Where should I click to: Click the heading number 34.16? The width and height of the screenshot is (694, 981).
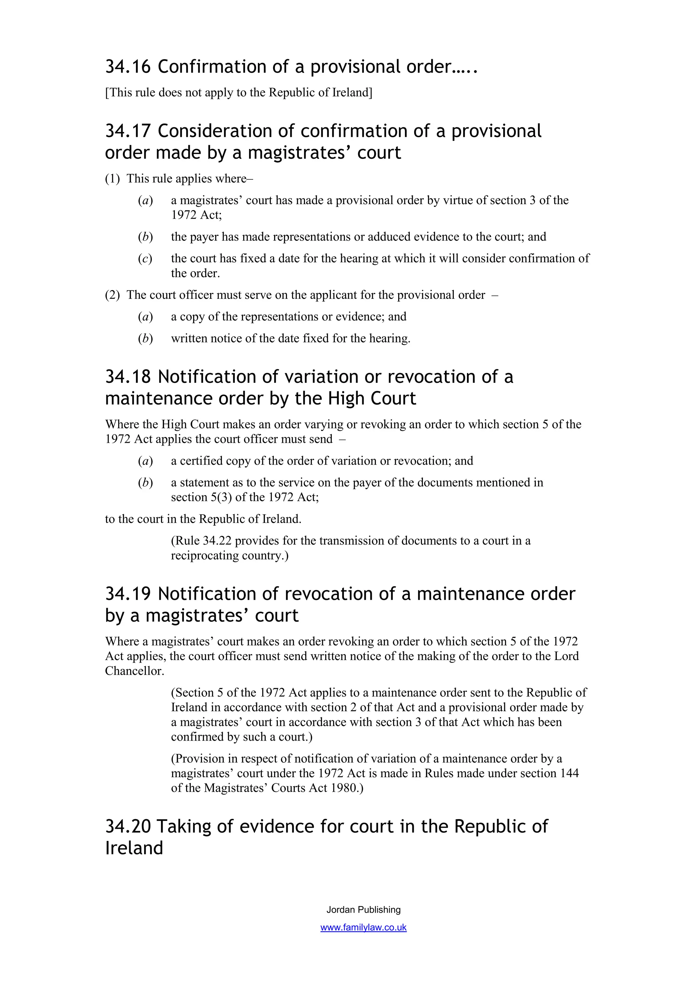128,67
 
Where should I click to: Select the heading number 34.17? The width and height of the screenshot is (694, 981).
128,131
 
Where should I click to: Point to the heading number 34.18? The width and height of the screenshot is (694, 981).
128,377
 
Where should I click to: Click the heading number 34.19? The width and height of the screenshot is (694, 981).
128,594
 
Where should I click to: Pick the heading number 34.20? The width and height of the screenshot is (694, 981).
128,826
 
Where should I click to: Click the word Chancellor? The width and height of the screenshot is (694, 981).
134,671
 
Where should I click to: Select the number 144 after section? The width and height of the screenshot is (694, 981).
569,773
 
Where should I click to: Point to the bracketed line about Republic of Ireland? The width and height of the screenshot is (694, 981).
239,92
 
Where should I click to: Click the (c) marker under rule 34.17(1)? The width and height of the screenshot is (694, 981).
145,259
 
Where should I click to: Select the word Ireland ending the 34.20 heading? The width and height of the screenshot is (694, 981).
134,848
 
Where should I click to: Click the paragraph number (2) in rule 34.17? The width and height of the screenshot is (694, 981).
113,295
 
